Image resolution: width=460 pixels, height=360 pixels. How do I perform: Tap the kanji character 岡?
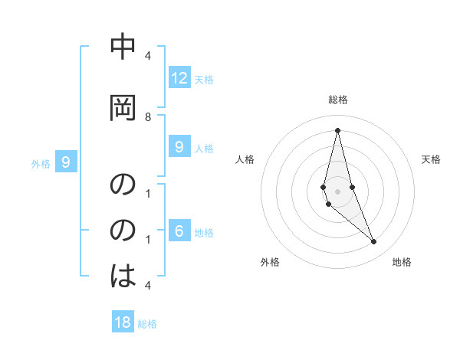click(123, 108)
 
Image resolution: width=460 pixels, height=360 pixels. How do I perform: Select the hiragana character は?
click(123, 274)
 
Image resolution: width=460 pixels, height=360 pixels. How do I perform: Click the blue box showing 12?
click(179, 78)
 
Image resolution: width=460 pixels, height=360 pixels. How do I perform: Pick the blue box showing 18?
click(123, 322)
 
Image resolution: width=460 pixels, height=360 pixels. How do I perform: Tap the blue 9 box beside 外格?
click(66, 162)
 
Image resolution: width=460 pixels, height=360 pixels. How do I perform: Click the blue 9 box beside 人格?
click(179, 147)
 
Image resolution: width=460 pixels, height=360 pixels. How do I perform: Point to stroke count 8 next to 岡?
click(148, 116)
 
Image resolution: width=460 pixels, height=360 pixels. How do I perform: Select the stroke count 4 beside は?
click(148, 285)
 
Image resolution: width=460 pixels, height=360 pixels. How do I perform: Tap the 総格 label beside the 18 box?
click(147, 324)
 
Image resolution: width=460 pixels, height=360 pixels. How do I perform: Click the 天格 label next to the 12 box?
click(204, 79)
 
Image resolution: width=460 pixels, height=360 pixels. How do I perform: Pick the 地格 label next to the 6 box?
click(204, 233)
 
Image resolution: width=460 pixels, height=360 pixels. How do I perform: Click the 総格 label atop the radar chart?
click(338, 100)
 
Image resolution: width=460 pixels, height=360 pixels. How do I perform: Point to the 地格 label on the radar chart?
click(402, 262)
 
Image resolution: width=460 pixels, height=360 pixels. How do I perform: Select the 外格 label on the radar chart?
click(270, 262)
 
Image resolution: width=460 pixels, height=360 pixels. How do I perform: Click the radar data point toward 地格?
click(373, 242)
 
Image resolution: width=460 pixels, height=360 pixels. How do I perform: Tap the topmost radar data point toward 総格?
click(337, 130)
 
